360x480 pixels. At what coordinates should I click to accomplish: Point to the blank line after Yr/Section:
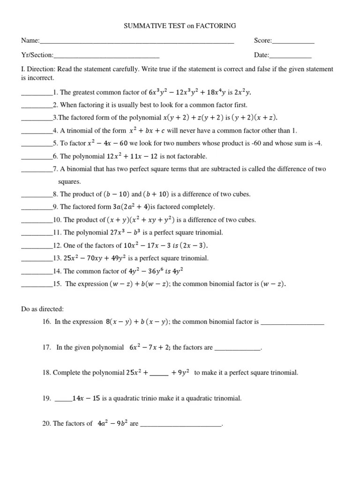(x=106, y=55)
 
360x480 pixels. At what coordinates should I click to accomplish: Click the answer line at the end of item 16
(x=292, y=322)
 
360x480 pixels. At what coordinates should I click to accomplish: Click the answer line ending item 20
(x=180, y=425)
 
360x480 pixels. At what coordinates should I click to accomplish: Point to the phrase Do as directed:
(x=43, y=309)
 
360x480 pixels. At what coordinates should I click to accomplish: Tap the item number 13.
(x=58, y=258)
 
